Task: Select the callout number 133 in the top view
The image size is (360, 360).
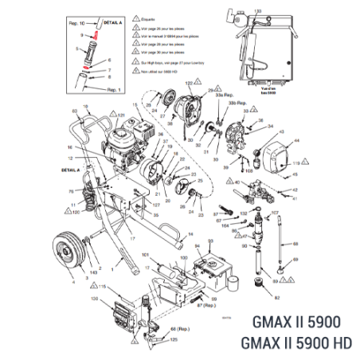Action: (256, 10)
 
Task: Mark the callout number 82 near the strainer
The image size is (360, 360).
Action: (277, 300)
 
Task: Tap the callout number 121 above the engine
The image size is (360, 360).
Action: (121, 115)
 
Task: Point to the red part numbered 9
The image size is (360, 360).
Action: (95, 37)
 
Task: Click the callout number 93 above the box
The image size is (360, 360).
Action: (209, 239)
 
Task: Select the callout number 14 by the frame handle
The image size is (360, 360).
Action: (191, 225)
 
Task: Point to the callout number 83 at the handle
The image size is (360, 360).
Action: (75, 111)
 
